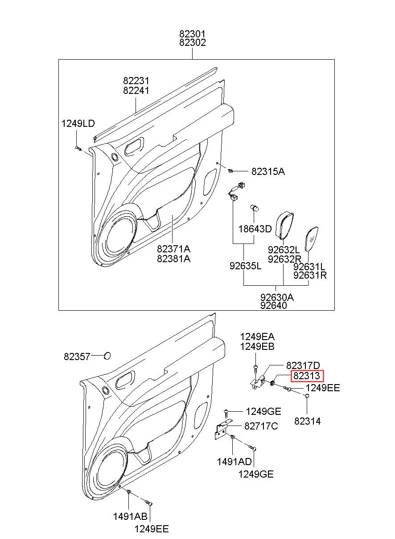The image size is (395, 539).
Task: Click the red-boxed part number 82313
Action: (x=307, y=376)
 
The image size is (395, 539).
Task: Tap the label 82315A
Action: (x=268, y=171)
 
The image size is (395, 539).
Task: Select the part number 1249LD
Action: (x=78, y=124)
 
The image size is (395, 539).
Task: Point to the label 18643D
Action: (x=255, y=229)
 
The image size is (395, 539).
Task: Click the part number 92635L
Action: (x=245, y=266)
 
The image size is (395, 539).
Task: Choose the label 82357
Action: (x=77, y=357)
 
